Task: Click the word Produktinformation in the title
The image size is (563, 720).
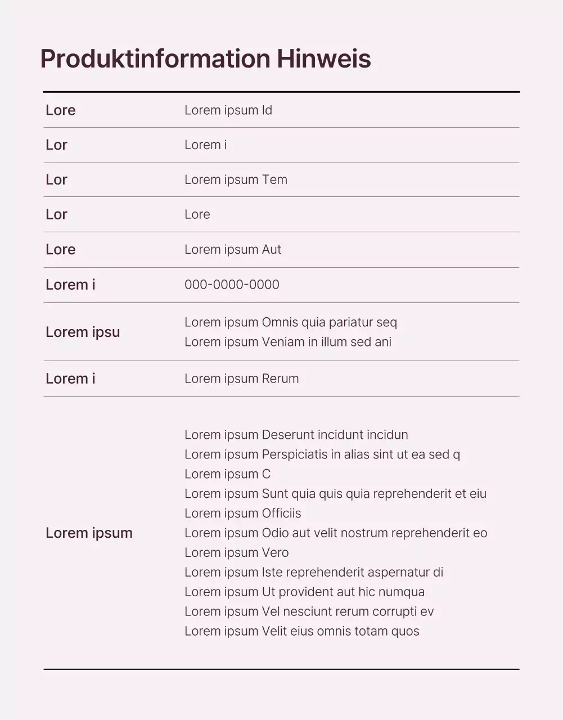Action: pos(155,59)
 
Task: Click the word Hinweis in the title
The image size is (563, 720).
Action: pos(323,59)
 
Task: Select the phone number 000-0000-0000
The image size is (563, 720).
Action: pos(232,285)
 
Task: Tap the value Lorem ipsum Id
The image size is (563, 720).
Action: pos(228,110)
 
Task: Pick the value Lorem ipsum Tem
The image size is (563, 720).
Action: pos(236,180)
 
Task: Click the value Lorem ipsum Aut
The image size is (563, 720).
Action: pos(233,250)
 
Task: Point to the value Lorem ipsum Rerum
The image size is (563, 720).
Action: pos(242,379)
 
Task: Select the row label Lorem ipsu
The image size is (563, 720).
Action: pos(83,332)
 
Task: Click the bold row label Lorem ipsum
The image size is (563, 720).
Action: pos(89,533)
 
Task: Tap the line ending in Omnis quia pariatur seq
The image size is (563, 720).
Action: pos(291,322)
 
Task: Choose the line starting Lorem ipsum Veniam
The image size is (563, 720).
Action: pos(288,342)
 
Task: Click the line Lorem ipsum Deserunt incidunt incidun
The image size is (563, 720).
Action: pos(296,435)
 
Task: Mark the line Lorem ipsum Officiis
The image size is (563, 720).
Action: pos(243,514)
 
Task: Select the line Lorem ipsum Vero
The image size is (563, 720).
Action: pos(237,553)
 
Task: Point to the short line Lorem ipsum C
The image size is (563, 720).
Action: pos(228,474)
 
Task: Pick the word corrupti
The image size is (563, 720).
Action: pos(394,612)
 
